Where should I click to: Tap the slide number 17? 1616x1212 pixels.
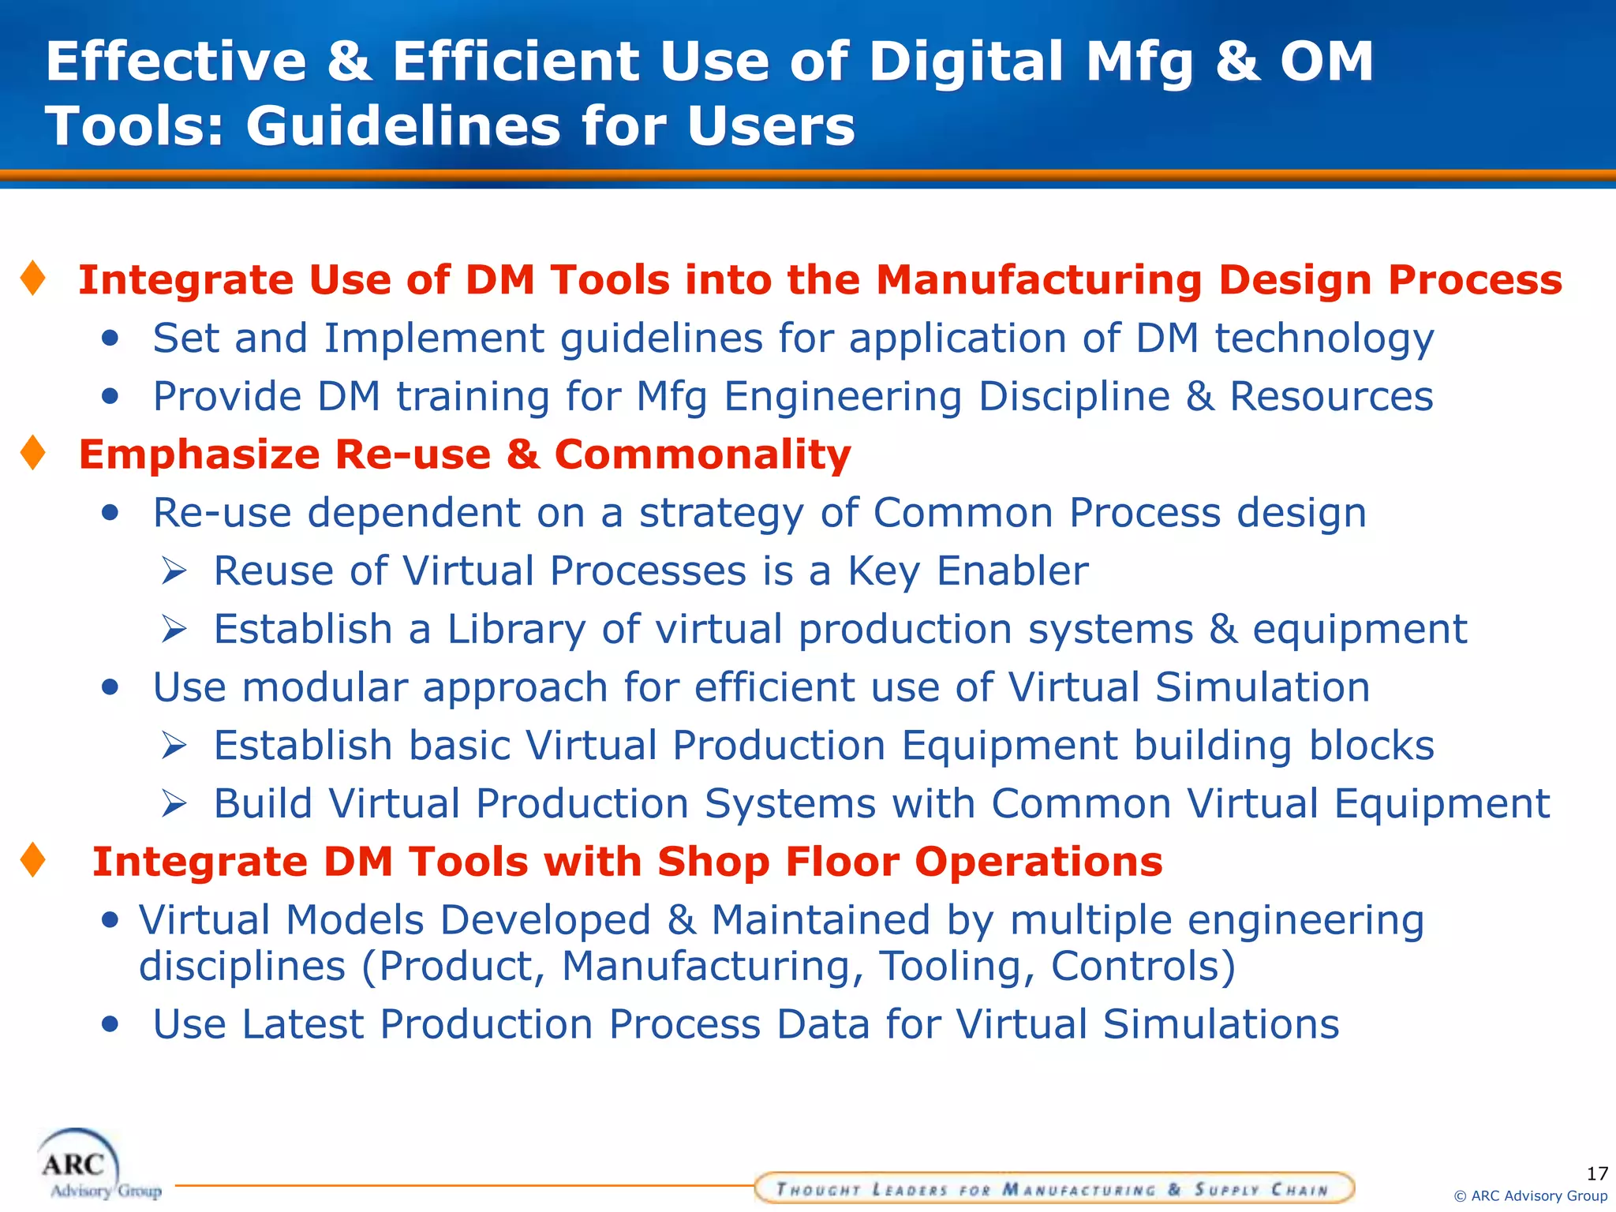1596,1173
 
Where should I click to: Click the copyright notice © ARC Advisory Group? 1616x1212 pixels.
1530,1196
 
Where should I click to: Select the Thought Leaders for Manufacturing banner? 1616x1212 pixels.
1053,1188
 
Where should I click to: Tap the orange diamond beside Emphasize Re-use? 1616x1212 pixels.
33,453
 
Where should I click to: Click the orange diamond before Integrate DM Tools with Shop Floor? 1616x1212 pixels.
33,860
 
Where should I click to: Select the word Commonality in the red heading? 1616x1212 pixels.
702,455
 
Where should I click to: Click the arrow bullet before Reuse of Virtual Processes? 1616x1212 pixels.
174,570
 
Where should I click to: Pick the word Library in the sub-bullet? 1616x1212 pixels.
516,630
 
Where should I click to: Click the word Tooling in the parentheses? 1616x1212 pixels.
956,967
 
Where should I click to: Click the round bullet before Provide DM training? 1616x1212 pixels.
110,396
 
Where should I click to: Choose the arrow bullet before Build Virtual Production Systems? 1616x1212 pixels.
174,804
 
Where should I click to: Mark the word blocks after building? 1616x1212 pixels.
1371,746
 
